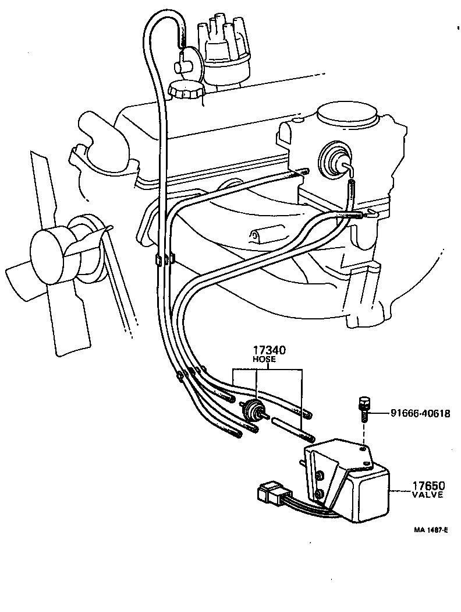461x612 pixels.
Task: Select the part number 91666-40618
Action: [x=411, y=413]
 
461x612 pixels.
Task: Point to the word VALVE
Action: [x=428, y=495]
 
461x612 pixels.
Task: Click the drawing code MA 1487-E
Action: [x=430, y=530]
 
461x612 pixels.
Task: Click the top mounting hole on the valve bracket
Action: [x=363, y=449]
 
